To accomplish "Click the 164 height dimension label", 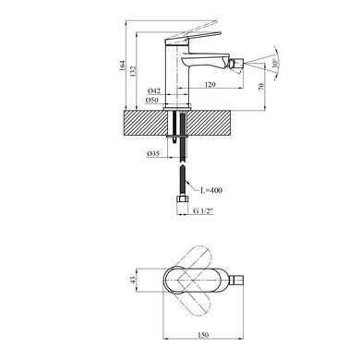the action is tap(123, 66).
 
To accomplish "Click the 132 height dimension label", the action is tap(133, 72).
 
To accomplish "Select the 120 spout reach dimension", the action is tap(210, 84).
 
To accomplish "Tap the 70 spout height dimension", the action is tap(261, 86).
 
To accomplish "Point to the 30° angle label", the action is tap(276, 63).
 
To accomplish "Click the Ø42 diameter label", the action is tap(154, 91).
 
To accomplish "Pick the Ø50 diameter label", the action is tap(152, 100).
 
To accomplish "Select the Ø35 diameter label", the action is tap(153, 153).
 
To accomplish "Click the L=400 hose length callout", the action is tap(211, 190).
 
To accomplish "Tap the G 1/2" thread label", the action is tap(203, 211).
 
